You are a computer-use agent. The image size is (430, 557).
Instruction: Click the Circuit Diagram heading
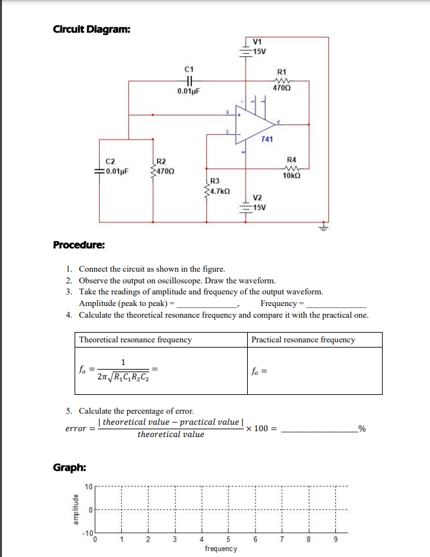[x=95, y=29]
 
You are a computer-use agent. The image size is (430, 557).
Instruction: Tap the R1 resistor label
[x=281, y=71]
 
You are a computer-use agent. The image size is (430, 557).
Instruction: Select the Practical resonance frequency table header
[x=303, y=339]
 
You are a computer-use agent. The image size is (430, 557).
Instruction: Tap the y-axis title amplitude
[x=75, y=510]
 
